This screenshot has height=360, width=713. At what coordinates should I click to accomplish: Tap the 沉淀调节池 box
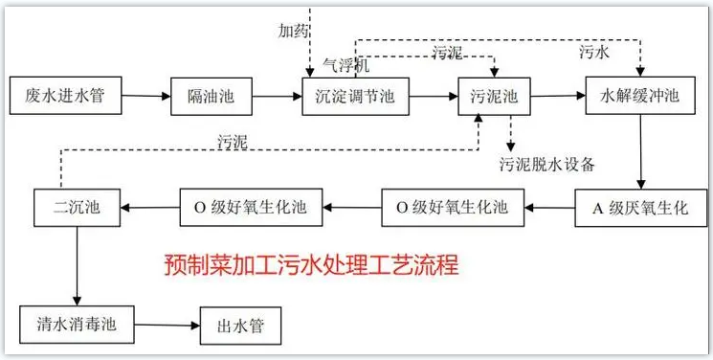click(354, 98)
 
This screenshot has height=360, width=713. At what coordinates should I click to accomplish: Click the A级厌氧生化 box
click(640, 207)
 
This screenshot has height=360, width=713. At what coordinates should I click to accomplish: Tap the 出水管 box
click(243, 325)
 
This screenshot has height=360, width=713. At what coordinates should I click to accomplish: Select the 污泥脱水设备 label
click(546, 164)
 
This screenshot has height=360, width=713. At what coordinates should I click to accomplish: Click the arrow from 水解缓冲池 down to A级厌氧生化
click(638, 153)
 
